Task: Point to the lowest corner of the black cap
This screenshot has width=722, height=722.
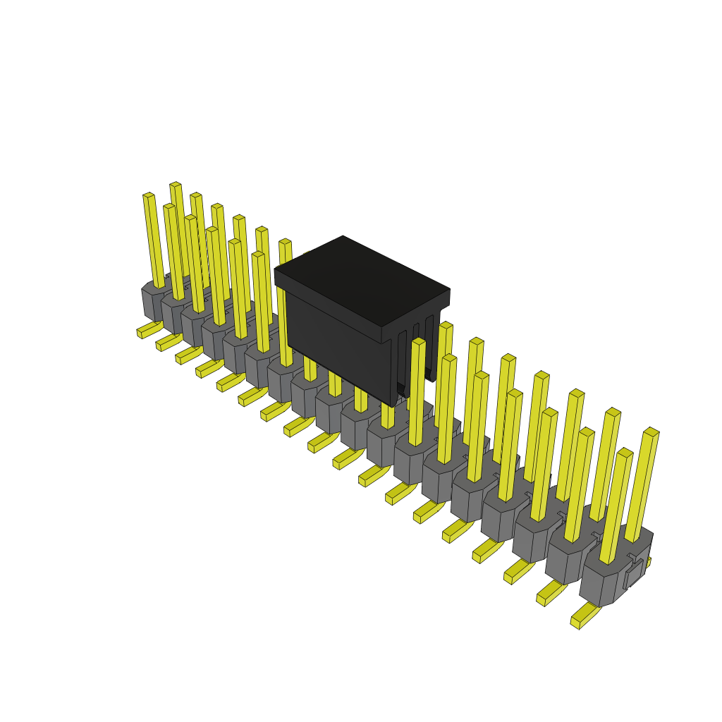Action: point(393,406)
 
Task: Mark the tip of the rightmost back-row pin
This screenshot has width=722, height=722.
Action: point(651,432)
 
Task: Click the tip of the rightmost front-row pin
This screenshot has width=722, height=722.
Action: point(625,453)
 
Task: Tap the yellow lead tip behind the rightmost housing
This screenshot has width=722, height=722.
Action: point(647,562)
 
